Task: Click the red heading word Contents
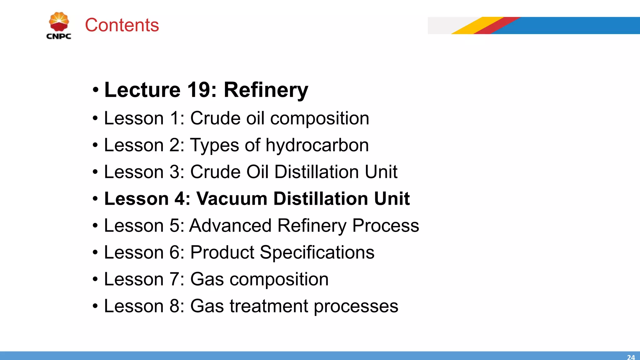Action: [122, 25]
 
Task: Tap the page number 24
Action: [631, 357]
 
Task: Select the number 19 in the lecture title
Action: [198, 90]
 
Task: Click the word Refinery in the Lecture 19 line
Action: [266, 90]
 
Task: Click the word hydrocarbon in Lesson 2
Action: [317, 145]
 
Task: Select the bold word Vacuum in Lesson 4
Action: [232, 199]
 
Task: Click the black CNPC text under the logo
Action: [59, 36]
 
